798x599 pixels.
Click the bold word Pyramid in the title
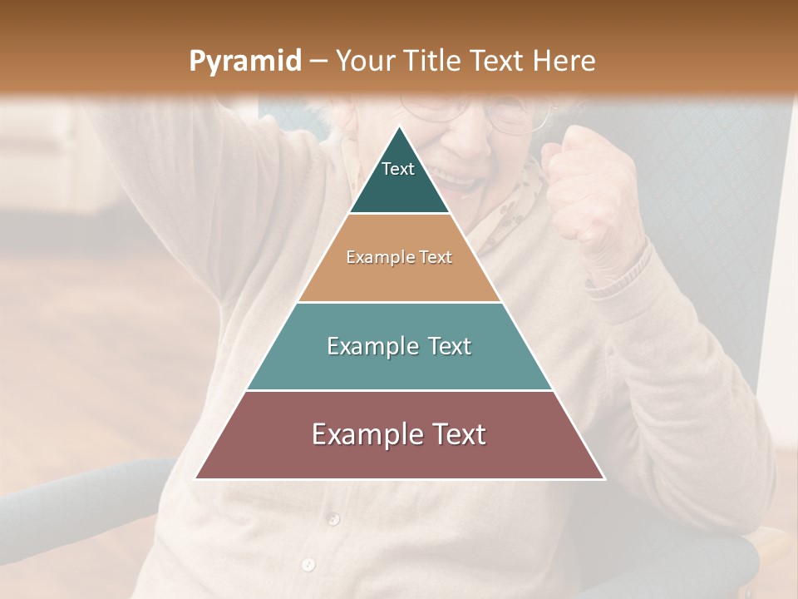pyautogui.click(x=244, y=62)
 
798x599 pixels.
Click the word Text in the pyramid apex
pyautogui.click(x=398, y=169)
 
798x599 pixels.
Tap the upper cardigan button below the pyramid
pyautogui.click(x=333, y=520)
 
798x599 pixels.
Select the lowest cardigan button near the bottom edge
pyautogui.click(x=308, y=565)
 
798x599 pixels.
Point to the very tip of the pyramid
pyautogui.click(x=400, y=127)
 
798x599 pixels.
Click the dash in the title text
pyautogui.click(x=318, y=62)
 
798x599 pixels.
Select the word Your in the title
pyautogui.click(x=365, y=61)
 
